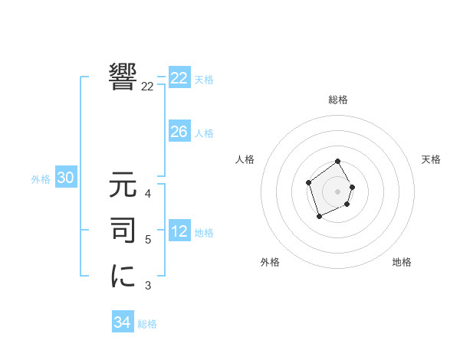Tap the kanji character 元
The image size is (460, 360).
click(123, 185)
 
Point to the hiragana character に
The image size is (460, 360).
click(123, 275)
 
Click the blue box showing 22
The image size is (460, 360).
click(179, 78)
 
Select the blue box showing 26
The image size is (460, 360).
click(179, 132)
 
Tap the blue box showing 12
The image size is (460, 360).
click(179, 231)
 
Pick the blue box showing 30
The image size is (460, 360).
click(65, 178)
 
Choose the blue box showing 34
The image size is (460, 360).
click(122, 322)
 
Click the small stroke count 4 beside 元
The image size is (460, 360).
click(148, 194)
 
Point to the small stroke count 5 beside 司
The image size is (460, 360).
click(148, 240)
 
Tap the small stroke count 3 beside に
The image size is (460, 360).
click(148, 286)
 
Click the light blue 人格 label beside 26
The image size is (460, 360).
click(204, 133)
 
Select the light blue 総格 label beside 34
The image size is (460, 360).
click(147, 324)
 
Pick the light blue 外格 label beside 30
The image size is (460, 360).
click(41, 179)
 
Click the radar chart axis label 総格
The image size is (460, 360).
click(337, 100)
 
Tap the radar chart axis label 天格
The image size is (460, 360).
click(432, 159)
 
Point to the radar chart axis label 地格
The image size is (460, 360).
click(402, 262)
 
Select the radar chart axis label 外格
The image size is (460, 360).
click(270, 262)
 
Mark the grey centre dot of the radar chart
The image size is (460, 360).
click(337, 191)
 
